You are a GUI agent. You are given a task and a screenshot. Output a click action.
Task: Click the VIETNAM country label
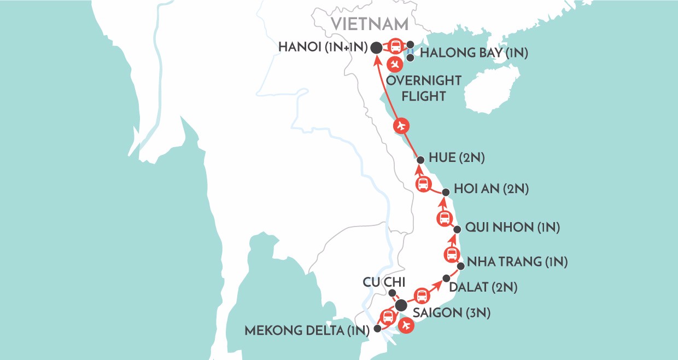coord(370,24)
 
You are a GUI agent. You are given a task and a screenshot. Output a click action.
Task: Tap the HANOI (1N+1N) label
coord(319,48)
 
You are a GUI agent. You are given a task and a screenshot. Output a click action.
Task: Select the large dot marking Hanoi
coord(376,48)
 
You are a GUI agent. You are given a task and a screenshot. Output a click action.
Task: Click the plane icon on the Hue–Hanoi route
coord(401,126)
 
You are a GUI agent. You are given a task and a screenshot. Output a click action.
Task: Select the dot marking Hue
coord(420,160)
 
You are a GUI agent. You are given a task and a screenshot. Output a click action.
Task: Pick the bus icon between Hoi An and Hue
coord(423,184)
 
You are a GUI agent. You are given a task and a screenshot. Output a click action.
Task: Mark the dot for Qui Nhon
coord(457,229)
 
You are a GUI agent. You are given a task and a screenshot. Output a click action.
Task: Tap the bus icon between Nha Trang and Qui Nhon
coord(452,254)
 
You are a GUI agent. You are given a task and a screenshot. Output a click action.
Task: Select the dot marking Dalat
coord(446,278)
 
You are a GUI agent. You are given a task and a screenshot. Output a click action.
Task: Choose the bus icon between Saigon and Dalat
coord(422,296)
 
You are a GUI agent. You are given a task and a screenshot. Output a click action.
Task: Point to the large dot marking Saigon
coord(401,305)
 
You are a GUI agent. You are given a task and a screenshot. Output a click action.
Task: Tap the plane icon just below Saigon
coord(405,326)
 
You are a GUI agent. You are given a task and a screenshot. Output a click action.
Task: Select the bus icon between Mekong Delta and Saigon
coord(388,316)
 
